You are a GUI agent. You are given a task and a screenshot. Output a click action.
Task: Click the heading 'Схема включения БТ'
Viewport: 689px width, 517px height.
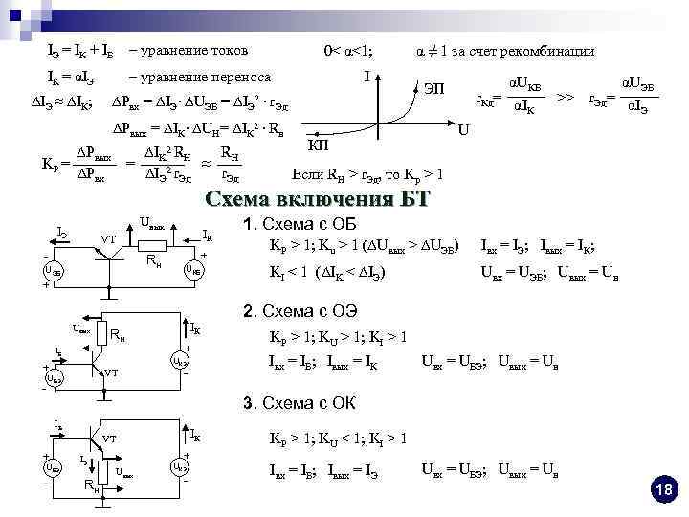(318, 199)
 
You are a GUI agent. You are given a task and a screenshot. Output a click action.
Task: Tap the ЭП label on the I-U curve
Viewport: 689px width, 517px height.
(433, 89)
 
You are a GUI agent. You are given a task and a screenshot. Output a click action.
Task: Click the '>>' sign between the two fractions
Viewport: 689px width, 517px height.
(566, 97)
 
